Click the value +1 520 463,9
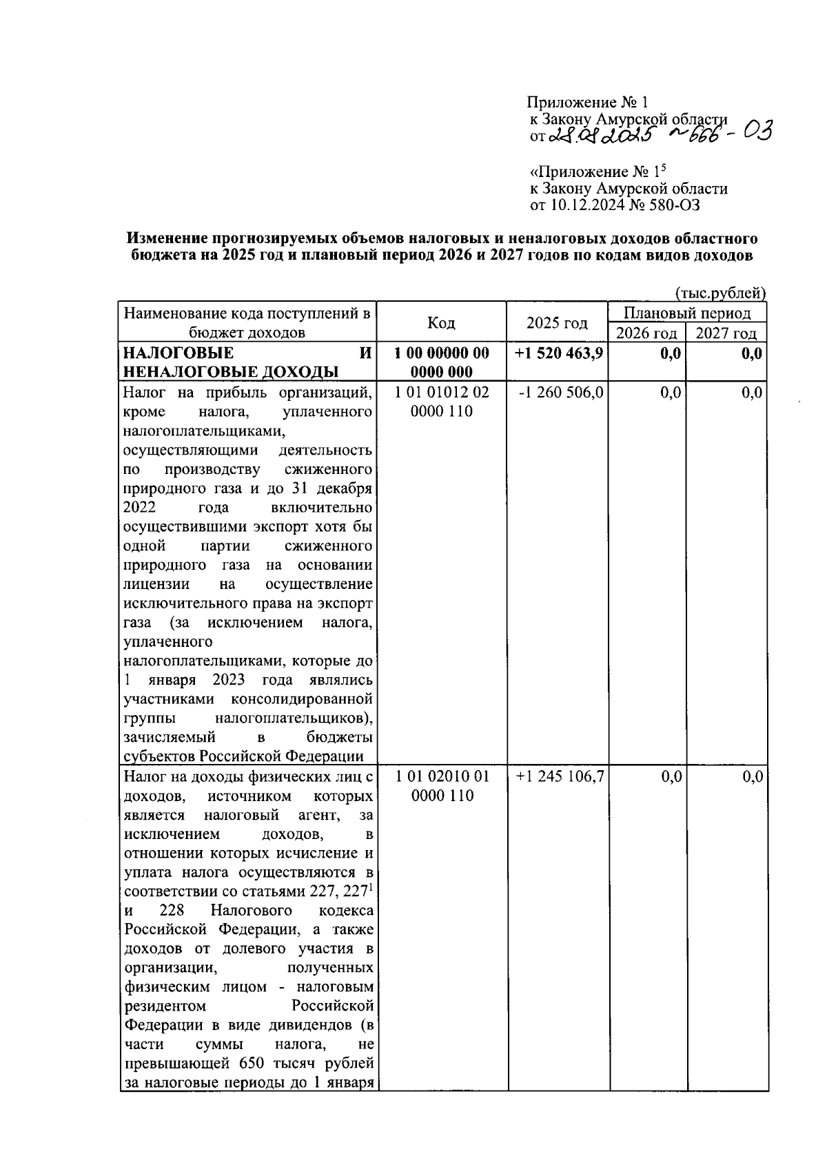pyautogui.click(x=559, y=353)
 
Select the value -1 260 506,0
pyautogui.click(x=560, y=393)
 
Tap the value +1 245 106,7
pyautogui.click(x=560, y=776)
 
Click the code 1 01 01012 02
pyautogui.click(x=442, y=393)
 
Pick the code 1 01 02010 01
pyautogui.click(x=442, y=776)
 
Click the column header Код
pyautogui.click(x=441, y=323)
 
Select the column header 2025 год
pyautogui.click(x=557, y=323)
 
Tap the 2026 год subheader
pyautogui.click(x=646, y=333)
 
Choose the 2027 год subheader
pyautogui.click(x=726, y=333)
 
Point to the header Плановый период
pyautogui.click(x=686, y=313)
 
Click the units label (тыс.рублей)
pyautogui.click(x=721, y=293)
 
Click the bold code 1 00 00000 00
pyautogui.click(x=442, y=353)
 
